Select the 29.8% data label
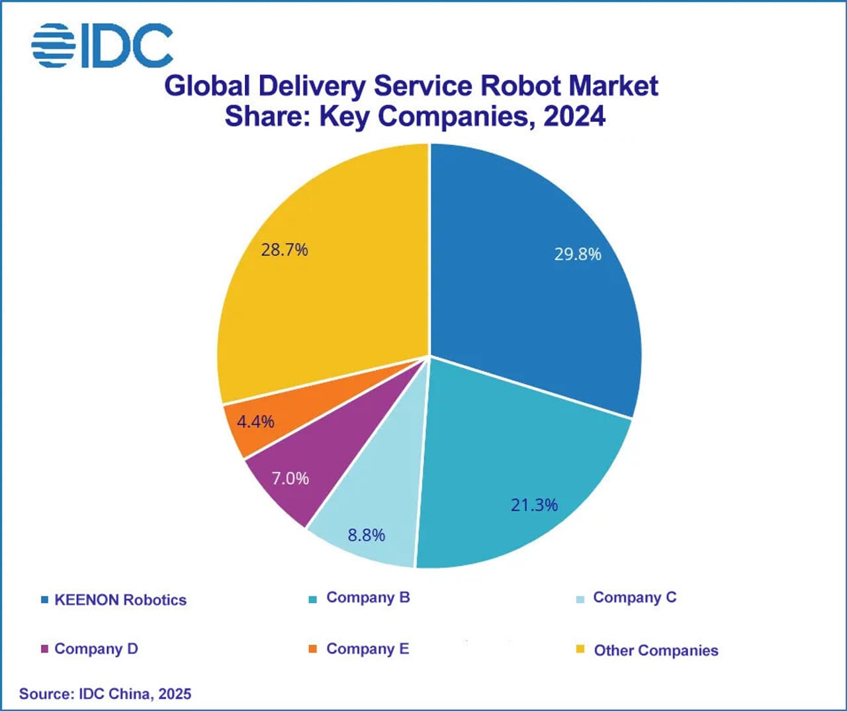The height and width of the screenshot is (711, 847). tap(577, 254)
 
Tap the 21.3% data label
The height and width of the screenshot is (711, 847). tap(534, 505)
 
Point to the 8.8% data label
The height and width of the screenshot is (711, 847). tap(367, 535)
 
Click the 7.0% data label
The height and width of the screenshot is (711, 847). tap(290, 478)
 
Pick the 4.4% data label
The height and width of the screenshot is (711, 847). tap(255, 422)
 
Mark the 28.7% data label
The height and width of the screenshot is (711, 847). tap(285, 250)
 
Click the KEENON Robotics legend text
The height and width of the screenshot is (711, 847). tap(120, 600)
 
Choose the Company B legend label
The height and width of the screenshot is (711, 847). tap(368, 597)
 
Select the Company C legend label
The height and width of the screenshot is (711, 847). tap(635, 597)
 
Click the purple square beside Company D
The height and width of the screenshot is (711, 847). tap(44, 649)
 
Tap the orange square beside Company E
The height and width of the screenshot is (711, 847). tap(313, 649)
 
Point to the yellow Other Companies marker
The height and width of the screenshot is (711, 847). tap(580, 649)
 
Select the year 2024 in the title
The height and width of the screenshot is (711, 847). tap(574, 117)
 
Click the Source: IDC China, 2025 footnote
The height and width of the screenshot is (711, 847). tap(105, 694)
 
